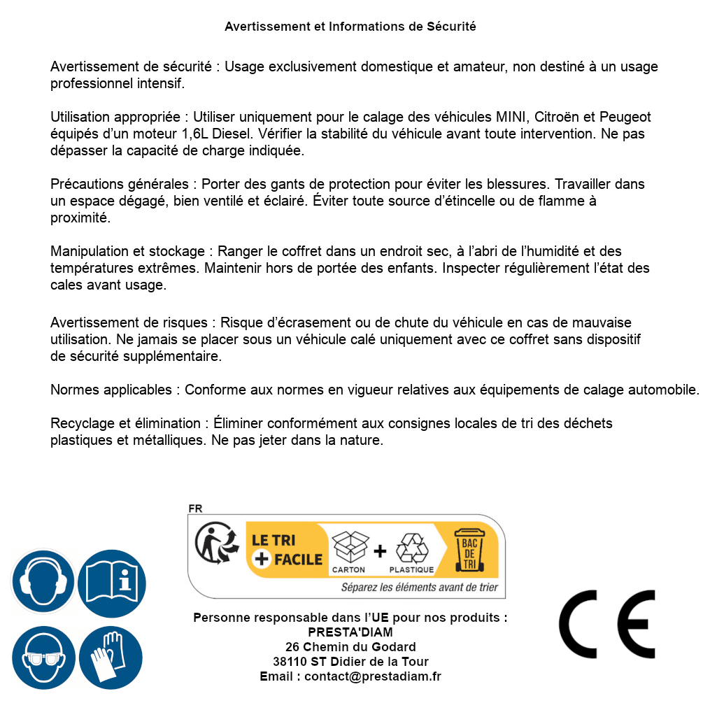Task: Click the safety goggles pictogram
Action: click(43, 658)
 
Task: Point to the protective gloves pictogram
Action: click(112, 658)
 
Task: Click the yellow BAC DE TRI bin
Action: click(469, 553)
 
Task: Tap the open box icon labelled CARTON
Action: click(349, 547)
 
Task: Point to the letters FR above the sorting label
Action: click(195, 509)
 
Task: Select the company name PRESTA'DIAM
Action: click(350, 632)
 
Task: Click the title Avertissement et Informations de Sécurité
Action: click(350, 27)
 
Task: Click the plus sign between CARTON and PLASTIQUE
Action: click(380, 551)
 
